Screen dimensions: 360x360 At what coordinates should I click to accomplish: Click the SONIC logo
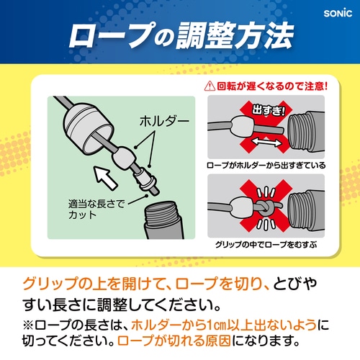click(x=338, y=13)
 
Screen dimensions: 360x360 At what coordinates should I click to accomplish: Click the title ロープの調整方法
click(x=181, y=35)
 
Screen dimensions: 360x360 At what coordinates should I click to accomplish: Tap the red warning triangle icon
click(x=210, y=86)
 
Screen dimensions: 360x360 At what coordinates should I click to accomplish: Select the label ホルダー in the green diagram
click(x=164, y=121)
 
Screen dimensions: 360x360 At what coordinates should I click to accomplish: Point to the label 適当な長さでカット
click(x=96, y=209)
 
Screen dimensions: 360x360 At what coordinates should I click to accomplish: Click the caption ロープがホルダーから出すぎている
click(x=266, y=165)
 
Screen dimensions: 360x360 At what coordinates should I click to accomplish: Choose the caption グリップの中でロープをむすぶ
click(x=266, y=245)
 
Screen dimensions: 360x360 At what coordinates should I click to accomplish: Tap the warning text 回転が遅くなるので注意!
click(x=272, y=86)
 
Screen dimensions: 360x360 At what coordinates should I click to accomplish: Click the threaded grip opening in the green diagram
click(x=163, y=220)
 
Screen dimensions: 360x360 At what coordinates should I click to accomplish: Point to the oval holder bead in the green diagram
click(x=125, y=158)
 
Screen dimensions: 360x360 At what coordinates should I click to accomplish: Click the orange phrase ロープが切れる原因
click(x=174, y=341)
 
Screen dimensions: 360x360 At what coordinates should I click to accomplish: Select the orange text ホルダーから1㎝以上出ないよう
click(x=224, y=325)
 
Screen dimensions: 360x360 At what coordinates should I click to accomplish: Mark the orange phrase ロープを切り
click(x=219, y=284)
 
